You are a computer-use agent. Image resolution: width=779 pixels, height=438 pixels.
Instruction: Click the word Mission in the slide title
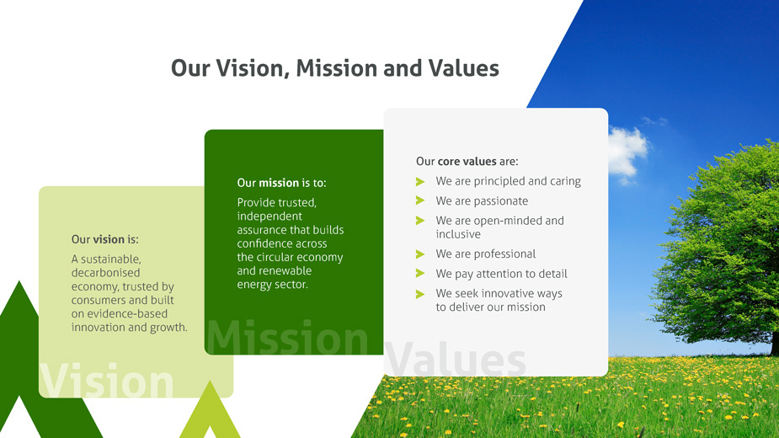(337, 68)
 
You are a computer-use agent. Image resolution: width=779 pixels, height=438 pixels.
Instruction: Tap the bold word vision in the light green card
(109, 239)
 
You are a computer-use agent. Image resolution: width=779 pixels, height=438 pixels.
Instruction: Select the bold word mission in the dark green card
(279, 183)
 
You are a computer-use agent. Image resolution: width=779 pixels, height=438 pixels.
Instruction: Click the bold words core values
(467, 161)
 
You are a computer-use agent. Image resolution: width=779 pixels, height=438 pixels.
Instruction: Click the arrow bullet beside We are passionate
(420, 200)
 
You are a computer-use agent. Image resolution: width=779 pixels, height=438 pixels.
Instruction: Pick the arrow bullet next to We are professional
(420, 254)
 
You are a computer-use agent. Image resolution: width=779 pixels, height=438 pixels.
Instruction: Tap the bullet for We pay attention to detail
(420, 274)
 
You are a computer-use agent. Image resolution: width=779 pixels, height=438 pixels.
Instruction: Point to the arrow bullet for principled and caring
(420, 181)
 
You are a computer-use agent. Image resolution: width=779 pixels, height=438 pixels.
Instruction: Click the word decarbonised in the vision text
(105, 272)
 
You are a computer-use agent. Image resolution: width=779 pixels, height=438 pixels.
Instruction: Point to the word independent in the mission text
(269, 216)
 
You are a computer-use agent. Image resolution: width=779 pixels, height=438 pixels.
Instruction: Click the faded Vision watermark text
(106, 380)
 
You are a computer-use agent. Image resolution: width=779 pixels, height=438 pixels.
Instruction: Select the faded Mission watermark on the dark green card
(287, 337)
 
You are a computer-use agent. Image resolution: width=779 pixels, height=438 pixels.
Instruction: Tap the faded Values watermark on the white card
(455, 359)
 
